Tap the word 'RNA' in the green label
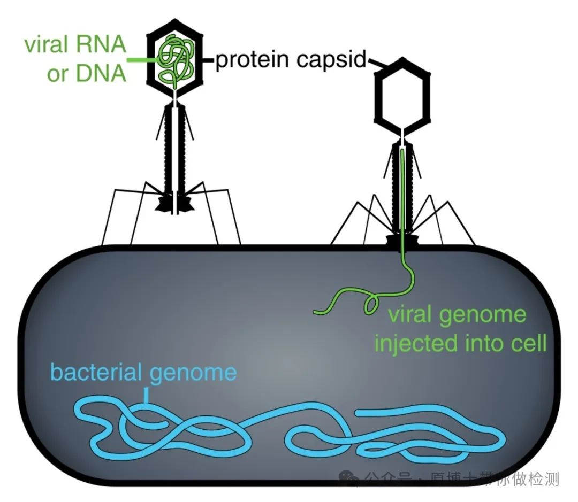[101, 45]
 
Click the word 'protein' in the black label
[249, 61]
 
